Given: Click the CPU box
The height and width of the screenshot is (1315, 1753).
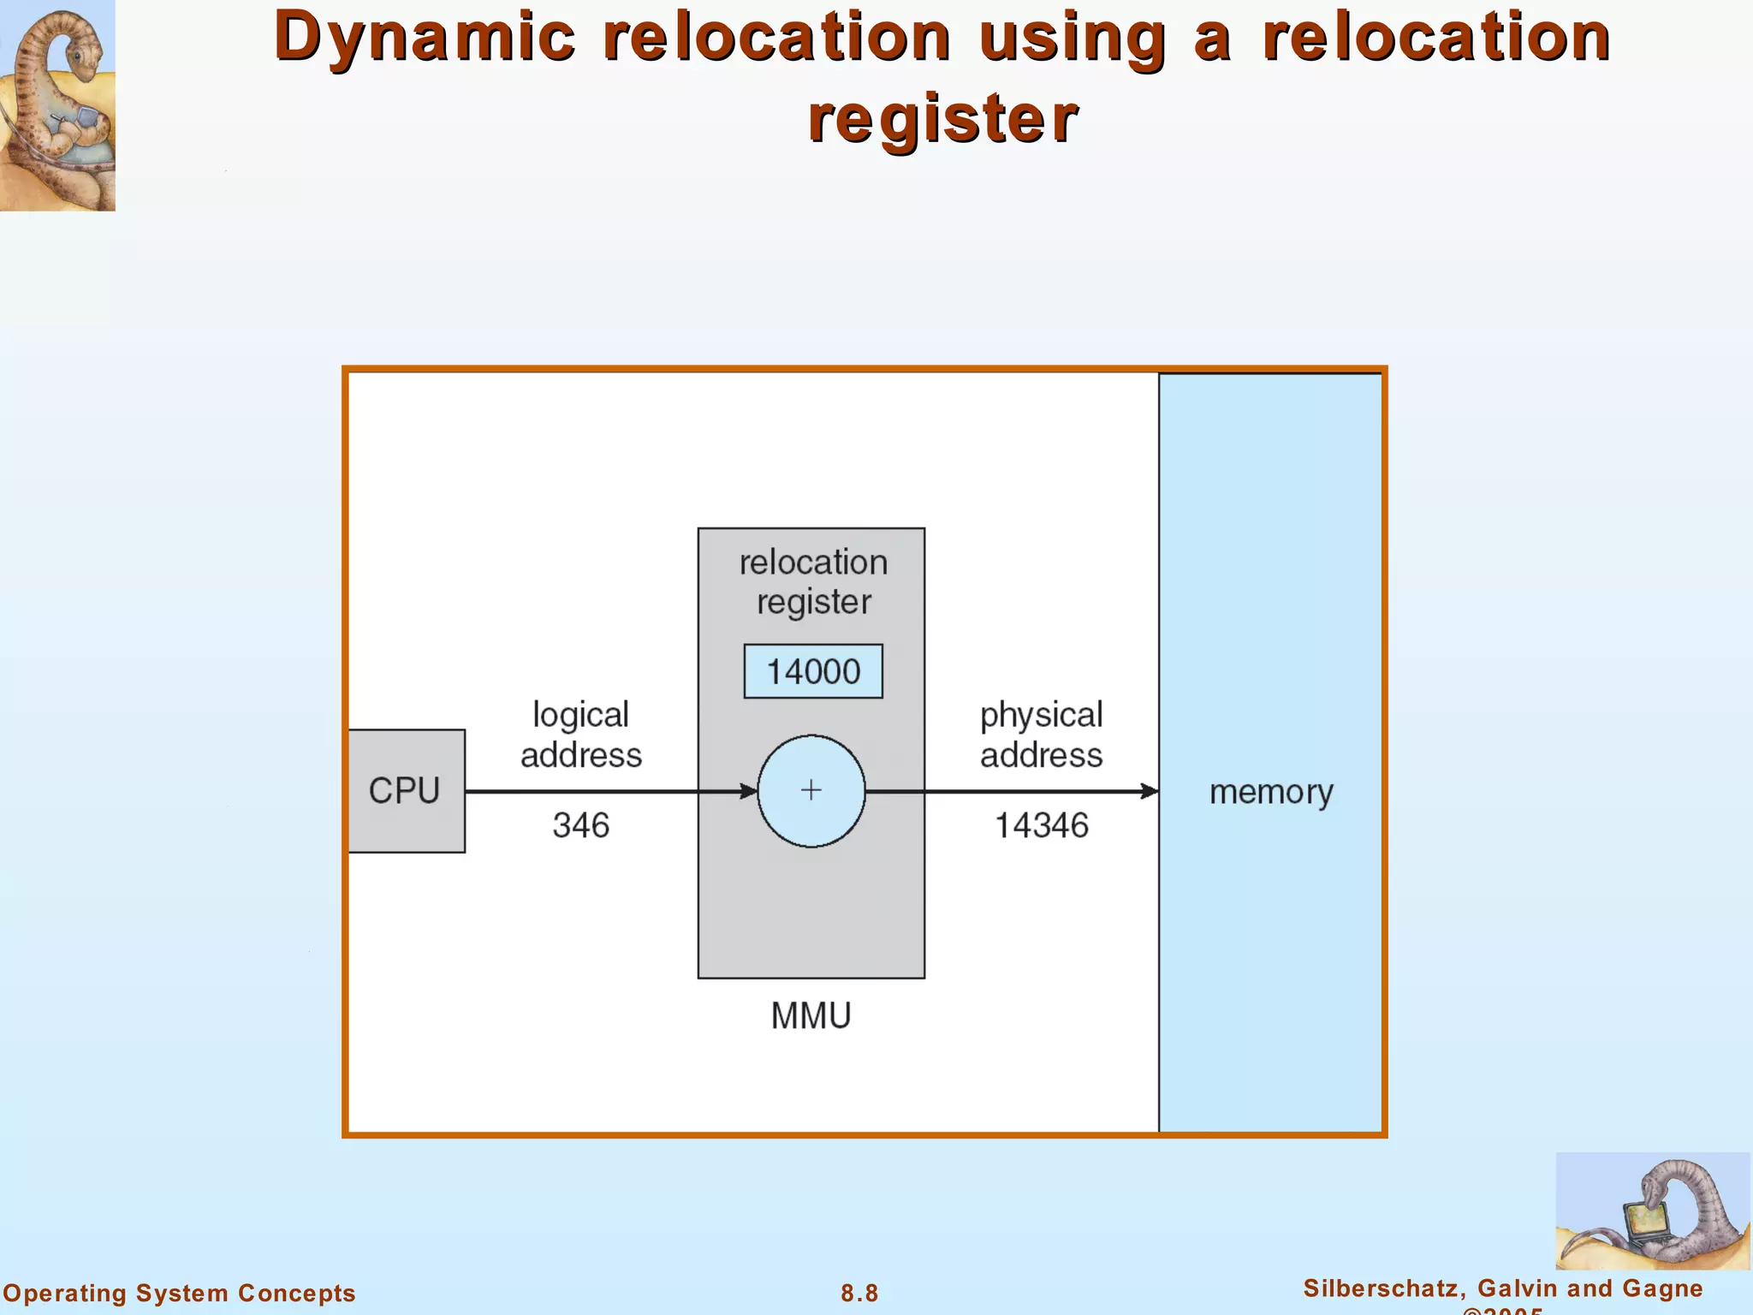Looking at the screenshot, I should (x=405, y=790).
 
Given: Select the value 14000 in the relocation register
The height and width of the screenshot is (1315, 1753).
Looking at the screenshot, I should (x=812, y=671).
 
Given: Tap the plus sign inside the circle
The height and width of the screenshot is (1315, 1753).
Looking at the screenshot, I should (x=811, y=790).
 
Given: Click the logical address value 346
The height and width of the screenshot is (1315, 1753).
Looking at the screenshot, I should (x=580, y=825).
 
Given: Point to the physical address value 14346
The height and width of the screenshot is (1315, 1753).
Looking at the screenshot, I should (x=1041, y=825).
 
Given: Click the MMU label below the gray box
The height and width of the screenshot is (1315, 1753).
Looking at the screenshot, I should (x=811, y=1016).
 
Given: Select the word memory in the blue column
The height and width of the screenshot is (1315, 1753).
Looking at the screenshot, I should (x=1270, y=792).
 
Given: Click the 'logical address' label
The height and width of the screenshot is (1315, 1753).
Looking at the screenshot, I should (x=580, y=735).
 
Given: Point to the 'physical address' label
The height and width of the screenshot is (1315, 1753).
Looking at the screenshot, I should (x=1041, y=735).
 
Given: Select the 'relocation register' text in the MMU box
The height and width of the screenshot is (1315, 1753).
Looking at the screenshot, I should (x=813, y=582).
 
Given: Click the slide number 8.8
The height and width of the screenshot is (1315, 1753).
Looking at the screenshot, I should (x=859, y=1293).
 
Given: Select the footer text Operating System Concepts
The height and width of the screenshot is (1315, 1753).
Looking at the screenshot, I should (x=179, y=1293).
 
